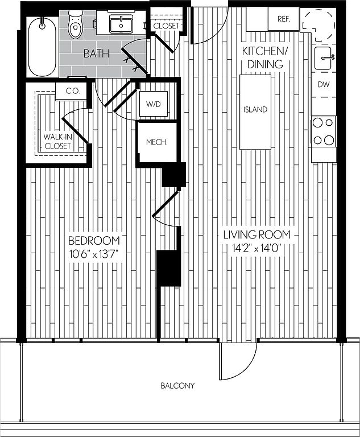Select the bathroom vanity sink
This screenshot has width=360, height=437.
(121, 24)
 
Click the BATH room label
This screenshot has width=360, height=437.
(93, 54)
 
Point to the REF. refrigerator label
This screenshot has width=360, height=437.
(284, 19)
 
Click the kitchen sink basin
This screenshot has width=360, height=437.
(325, 57)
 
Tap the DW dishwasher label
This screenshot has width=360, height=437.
(324, 85)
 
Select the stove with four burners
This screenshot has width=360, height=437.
(324, 131)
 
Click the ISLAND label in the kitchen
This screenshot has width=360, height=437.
(255, 109)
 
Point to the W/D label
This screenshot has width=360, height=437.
(154, 104)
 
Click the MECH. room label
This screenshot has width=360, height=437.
(156, 142)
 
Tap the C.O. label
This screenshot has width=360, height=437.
(72, 91)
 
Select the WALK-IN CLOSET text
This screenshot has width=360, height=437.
(57, 141)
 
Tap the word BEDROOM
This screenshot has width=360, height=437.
(94, 240)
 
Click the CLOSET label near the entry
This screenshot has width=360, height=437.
(166, 26)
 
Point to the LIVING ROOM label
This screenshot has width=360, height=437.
(256, 234)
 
